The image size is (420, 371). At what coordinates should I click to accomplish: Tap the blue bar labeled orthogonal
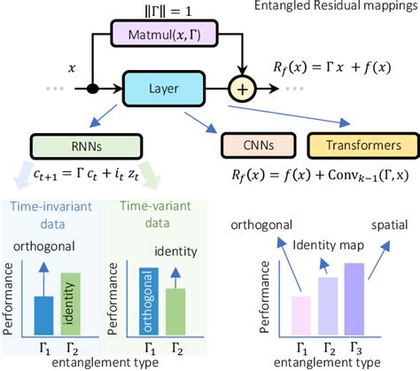tap(145, 300)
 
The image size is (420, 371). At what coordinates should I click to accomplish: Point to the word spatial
tap(391, 225)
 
